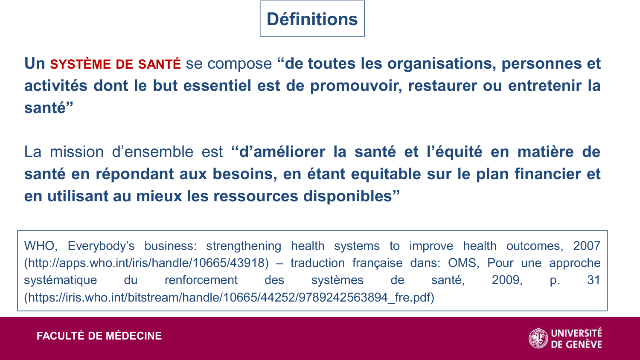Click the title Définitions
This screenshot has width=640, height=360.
pos(312,19)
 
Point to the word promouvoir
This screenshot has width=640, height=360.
pos(356,86)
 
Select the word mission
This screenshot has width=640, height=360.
pos(77,152)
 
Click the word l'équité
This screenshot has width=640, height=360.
pos(454,152)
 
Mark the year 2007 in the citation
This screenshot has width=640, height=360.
pos(587,246)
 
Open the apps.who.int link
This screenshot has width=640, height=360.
pos(146,263)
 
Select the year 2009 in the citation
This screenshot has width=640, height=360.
pos(506,280)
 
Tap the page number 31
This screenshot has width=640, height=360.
pos(593,280)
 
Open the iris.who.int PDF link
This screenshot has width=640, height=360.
pos(229,297)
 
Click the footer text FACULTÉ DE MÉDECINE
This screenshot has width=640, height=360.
pos(99,336)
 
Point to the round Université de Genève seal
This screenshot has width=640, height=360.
pos(538,338)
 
